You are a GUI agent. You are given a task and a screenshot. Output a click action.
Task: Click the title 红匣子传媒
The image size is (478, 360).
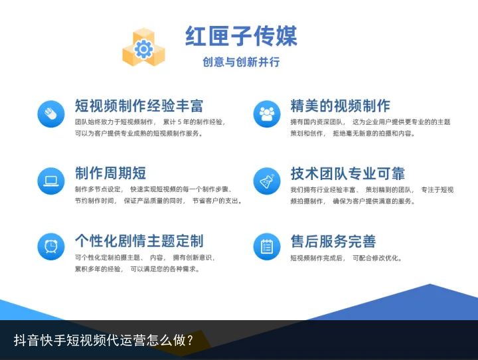point(241,36)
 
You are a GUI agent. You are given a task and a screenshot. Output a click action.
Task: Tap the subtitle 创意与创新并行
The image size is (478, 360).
point(241,62)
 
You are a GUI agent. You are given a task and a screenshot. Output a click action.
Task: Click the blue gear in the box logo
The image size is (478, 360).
point(143,48)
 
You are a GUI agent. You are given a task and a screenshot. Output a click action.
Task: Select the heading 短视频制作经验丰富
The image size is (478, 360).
point(139,106)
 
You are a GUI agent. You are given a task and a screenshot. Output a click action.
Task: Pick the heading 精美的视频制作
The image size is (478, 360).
point(340,106)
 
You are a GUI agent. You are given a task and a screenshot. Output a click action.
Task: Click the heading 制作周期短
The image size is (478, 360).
point(110,173)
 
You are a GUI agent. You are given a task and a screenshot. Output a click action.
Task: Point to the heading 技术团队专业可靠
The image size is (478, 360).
point(347,173)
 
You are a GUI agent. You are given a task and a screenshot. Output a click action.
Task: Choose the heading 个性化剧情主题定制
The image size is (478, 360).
point(139,240)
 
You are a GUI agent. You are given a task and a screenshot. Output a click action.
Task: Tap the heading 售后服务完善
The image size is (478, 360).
point(333,241)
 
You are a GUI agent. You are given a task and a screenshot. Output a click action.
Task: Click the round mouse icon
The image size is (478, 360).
point(51,114)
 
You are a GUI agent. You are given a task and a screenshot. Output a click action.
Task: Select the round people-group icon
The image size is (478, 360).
point(267,114)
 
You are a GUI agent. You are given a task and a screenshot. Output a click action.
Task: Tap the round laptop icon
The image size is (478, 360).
point(51,181)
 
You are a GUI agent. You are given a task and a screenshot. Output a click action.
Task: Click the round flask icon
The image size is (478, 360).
point(267,181)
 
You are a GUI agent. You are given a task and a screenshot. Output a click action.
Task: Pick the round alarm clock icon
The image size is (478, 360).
point(51,246)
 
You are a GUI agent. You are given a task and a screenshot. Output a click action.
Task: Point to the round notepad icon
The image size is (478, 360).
point(267,246)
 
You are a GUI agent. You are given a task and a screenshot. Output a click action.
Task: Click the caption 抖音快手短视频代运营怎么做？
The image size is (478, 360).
point(104,340)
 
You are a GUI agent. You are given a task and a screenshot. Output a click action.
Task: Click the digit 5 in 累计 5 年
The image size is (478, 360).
point(179,122)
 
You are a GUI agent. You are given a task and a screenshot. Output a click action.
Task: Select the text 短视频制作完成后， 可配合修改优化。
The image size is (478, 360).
point(346,258)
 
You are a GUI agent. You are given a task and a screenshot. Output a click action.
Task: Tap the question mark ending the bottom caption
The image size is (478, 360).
point(191,340)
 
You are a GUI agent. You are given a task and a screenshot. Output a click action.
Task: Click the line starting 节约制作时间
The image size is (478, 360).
point(159,201)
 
